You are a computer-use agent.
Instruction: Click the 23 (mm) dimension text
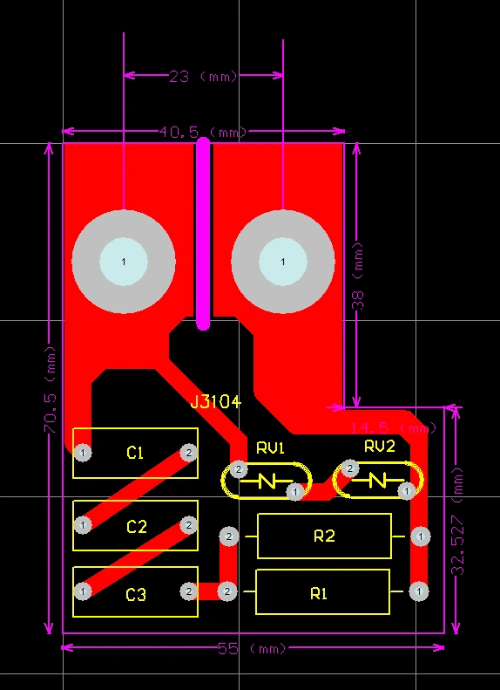203,77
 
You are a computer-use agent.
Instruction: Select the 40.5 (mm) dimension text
202,133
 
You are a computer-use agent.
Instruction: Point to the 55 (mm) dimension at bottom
252,649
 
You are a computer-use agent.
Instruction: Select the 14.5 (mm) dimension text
393,428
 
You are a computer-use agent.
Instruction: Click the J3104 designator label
215,402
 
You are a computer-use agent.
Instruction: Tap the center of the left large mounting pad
123,262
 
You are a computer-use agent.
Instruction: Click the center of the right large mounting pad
282,262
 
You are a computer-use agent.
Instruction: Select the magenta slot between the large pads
203,234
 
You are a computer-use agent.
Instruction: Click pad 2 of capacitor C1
187,452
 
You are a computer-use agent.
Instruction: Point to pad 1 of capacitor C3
83,591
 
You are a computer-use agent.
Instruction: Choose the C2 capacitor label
137,527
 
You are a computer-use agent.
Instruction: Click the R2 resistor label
324,536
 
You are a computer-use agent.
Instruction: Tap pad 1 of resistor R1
420,591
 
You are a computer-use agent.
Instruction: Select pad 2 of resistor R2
228,536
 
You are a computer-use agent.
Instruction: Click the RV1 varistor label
270,447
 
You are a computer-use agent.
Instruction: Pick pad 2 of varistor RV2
349,469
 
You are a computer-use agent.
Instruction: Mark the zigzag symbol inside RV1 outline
267,481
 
